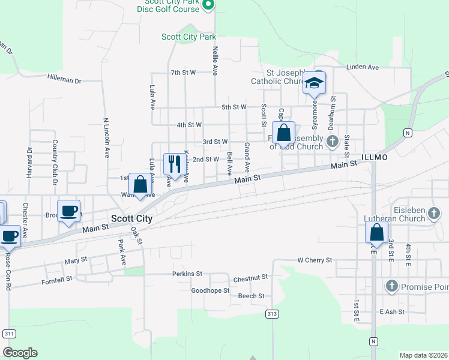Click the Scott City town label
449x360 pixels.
(x=131, y=220)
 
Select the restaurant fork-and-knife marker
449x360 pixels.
(x=172, y=164)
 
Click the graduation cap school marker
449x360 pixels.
(x=314, y=83)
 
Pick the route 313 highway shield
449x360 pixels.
(x=273, y=314)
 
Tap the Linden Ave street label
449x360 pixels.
(x=363, y=67)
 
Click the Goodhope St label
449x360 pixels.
(x=210, y=291)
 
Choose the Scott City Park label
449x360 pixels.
(x=188, y=37)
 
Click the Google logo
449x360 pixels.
(x=20, y=353)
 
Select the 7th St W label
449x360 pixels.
(x=183, y=73)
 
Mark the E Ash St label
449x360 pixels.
(x=392, y=312)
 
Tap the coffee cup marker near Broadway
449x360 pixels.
(x=68, y=211)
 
